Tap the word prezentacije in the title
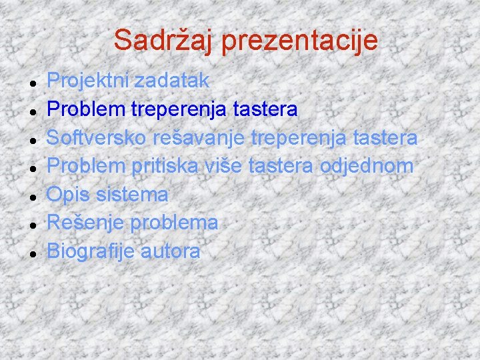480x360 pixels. coord(300,40)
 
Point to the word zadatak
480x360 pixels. coord(171,81)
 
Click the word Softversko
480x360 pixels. coord(97,138)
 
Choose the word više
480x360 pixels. coord(221,166)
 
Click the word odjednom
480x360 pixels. coord(367,166)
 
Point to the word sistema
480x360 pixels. coord(133,195)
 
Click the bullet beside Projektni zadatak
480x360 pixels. coord(33,83)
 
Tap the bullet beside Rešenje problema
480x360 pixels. coord(33,225)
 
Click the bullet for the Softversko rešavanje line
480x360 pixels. coord(33,140)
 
